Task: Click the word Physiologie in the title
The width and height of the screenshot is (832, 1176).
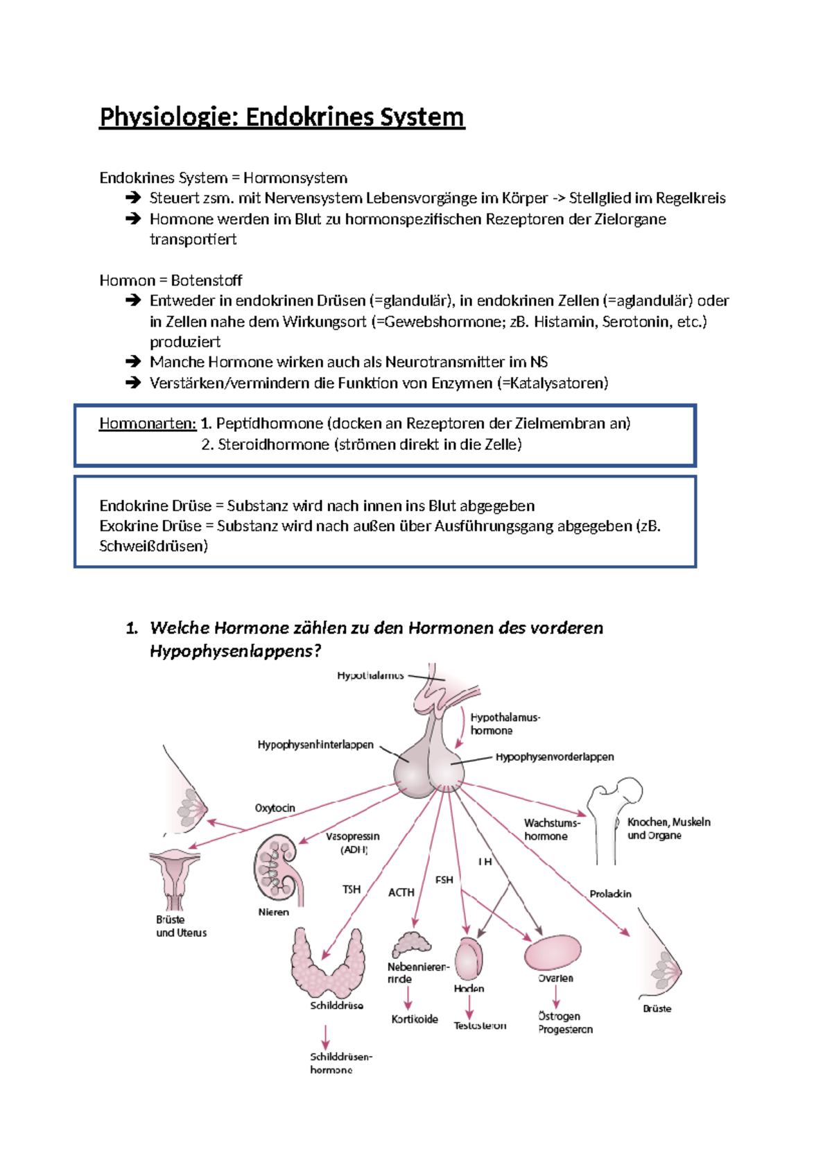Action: [x=168, y=117]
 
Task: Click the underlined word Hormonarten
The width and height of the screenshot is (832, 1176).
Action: [x=148, y=424]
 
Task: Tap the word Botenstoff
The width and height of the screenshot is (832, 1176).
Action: [x=207, y=281]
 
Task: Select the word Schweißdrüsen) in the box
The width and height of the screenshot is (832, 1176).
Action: [x=153, y=546]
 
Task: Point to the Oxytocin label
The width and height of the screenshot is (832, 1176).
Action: [x=275, y=808]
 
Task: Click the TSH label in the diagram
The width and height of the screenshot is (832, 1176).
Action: [x=352, y=889]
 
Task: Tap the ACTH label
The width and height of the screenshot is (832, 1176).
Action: [x=401, y=892]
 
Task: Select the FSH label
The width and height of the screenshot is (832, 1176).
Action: [x=444, y=880]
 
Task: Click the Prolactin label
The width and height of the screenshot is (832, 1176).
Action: [x=610, y=894]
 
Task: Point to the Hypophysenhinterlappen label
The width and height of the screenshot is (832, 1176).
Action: [x=315, y=745]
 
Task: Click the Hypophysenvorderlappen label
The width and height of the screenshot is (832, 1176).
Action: [x=555, y=757]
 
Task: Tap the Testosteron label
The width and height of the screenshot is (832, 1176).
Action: [x=480, y=1026]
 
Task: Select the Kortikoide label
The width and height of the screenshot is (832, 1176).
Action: [x=415, y=1019]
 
